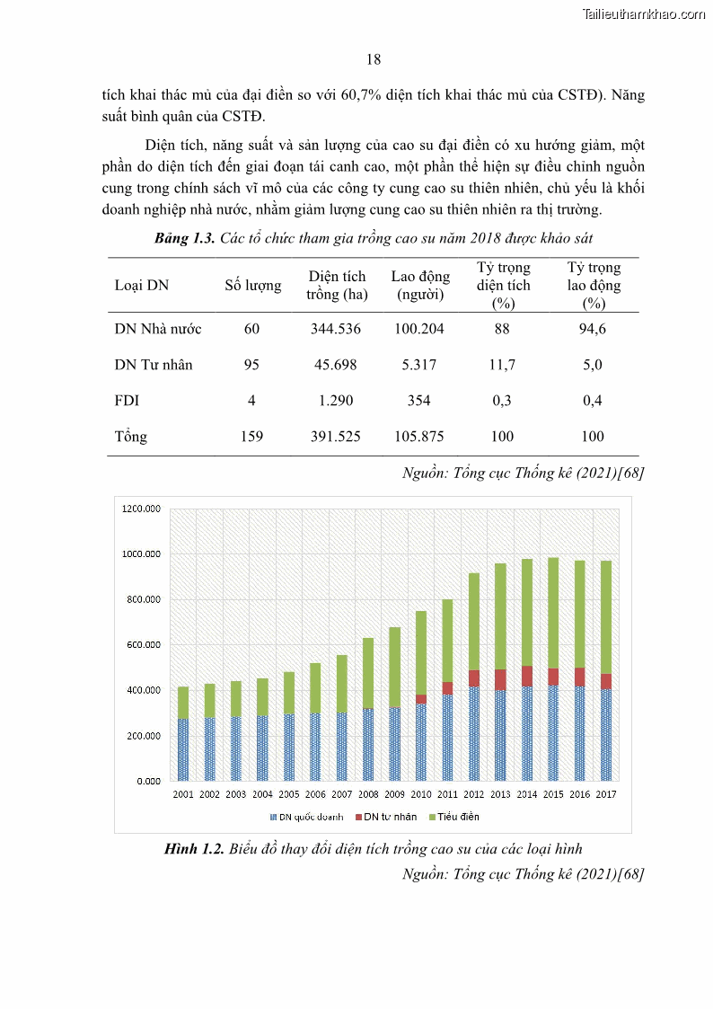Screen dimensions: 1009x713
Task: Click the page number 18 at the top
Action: click(x=374, y=60)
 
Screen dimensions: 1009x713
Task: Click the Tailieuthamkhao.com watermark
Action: click(x=643, y=14)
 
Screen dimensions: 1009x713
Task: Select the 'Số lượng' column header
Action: click(x=252, y=286)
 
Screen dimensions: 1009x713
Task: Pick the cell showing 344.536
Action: click(x=335, y=329)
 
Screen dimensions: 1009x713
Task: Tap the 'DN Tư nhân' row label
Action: click(x=154, y=365)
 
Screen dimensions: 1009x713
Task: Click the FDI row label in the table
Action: click(x=127, y=401)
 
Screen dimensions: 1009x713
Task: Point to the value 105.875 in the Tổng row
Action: click(x=418, y=437)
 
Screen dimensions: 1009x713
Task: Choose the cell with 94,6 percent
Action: click(x=593, y=329)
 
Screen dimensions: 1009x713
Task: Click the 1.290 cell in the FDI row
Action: click(x=335, y=401)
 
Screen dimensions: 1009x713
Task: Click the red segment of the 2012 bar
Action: click(x=473, y=678)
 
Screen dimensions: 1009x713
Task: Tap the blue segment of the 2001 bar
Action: click(x=183, y=748)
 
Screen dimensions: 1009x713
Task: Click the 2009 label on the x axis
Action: click(x=394, y=794)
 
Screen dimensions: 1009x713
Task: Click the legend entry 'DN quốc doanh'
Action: click(x=305, y=817)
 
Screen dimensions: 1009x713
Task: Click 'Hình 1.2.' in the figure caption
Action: click(x=194, y=849)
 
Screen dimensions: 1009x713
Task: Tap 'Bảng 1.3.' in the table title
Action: click(x=184, y=238)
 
